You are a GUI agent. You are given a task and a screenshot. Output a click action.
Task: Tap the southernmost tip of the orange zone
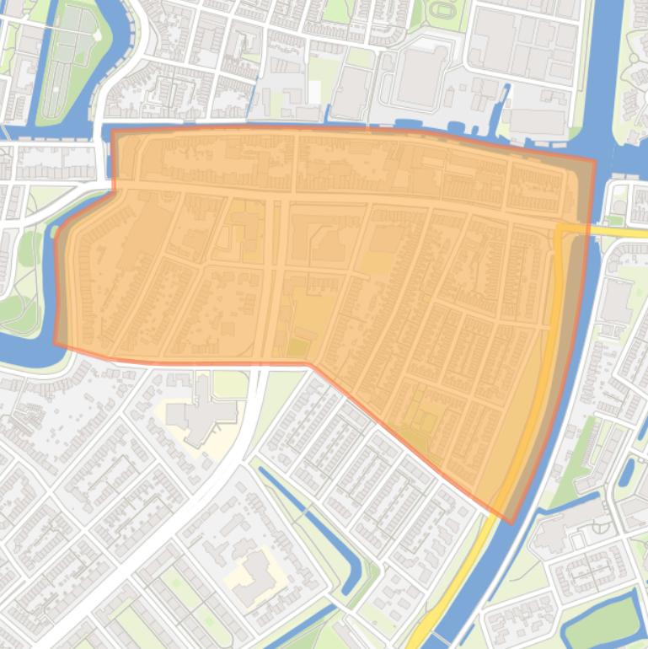[511, 523]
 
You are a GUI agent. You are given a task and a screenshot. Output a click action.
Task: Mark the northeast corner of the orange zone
[595, 159]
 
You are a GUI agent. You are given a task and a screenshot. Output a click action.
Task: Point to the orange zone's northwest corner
[113, 131]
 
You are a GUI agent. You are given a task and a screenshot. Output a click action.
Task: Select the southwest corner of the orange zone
[56, 344]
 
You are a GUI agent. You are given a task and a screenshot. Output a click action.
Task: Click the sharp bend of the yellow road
[558, 229]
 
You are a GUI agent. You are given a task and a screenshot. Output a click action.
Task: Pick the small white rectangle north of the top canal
[314, 91]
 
